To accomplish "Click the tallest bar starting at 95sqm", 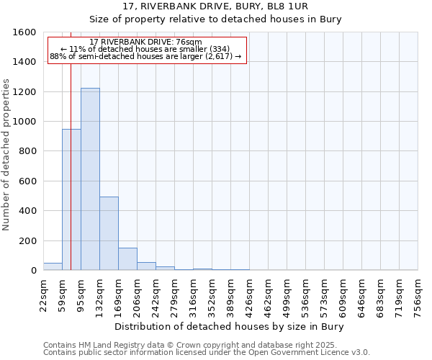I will coord(90,179).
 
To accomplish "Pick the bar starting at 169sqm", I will coord(127,259).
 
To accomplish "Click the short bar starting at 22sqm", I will coord(53,266).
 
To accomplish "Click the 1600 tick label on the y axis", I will coord(24,32).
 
